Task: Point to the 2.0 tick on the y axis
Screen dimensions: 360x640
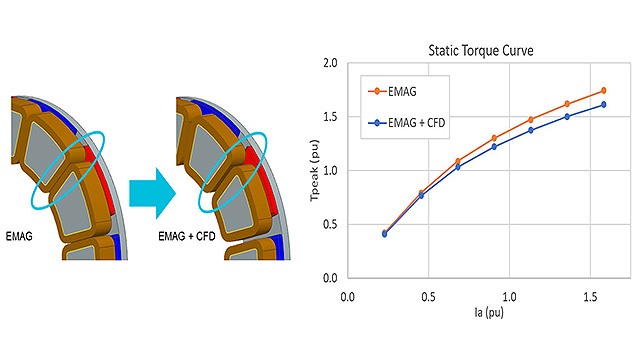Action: (331, 64)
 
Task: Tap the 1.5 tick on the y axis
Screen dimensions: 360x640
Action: (331, 117)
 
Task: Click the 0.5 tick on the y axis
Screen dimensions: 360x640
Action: (331, 223)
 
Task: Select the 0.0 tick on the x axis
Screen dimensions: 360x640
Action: (348, 297)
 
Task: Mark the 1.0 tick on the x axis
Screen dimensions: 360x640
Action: (510, 297)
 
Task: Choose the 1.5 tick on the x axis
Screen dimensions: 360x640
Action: (590, 297)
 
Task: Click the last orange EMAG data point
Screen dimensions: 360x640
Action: (604, 91)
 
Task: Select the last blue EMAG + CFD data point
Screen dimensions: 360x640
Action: (604, 104)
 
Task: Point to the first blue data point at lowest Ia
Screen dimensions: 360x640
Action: (385, 234)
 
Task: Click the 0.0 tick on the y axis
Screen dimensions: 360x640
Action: (331, 277)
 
